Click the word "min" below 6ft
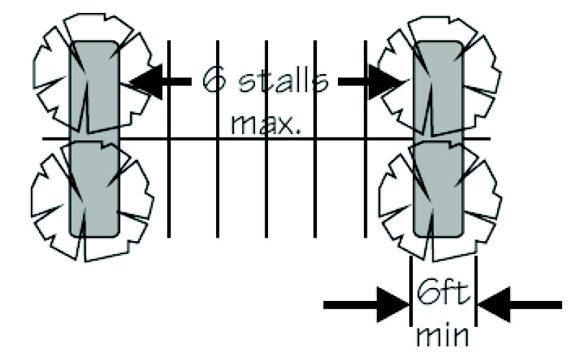pos(442,336)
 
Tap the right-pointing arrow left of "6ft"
pos(367,305)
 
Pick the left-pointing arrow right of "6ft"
pos(519,305)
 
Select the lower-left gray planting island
pos(94,187)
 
